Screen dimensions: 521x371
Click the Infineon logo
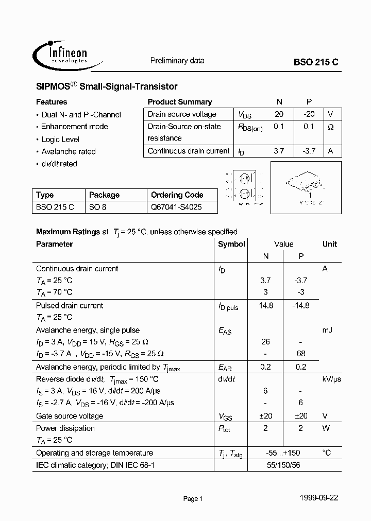pos(60,54)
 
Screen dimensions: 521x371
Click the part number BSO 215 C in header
pos(316,61)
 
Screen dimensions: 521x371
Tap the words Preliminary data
pos(177,61)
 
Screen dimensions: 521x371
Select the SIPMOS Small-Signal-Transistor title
pos(107,86)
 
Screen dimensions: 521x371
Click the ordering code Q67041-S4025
pos(176,207)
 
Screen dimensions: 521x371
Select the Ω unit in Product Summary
pos(331,127)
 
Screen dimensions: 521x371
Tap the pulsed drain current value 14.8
pos(265,305)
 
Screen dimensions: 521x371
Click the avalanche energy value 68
pos(301,354)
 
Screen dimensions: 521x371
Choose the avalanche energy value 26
pos(265,342)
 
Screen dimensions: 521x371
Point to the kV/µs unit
pos(332,379)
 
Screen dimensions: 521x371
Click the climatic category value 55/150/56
pos(283,465)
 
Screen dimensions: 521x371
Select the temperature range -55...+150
pos(283,453)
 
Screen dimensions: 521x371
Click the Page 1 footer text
pos(193,498)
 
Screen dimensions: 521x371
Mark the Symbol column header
pos(231,244)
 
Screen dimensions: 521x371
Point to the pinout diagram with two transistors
pos(244,187)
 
